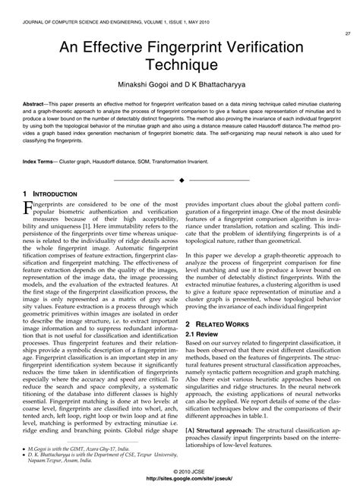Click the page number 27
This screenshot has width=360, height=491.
pyautogui.click(x=347, y=34)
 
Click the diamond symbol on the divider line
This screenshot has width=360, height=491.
pyautogui.click(x=180, y=180)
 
